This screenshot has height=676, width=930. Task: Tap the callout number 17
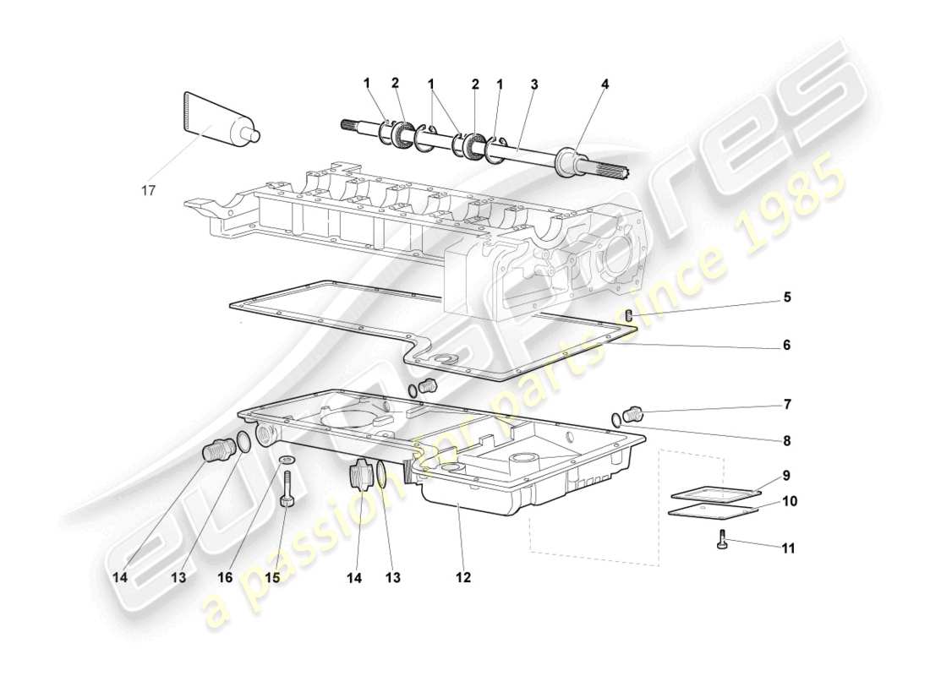[149, 191]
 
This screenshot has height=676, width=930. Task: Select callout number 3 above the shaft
[534, 84]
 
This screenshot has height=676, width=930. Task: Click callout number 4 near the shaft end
[605, 84]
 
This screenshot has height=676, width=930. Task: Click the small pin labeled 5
[630, 316]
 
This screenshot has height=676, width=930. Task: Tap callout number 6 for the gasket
[786, 346]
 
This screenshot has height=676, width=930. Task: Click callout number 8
[786, 440]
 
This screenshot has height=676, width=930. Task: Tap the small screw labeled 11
[723, 541]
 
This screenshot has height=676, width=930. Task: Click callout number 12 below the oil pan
[462, 578]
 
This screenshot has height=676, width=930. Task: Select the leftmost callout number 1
[367, 83]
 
